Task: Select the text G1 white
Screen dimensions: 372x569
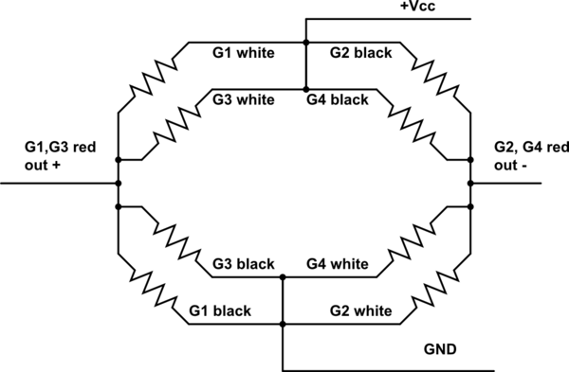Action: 243,53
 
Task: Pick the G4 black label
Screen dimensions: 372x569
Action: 336,98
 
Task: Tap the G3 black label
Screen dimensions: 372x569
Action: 243,263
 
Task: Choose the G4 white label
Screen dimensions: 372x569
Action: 336,263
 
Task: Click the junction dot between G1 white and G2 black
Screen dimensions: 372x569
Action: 305,43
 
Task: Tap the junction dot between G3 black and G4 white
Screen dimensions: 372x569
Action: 283,278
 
